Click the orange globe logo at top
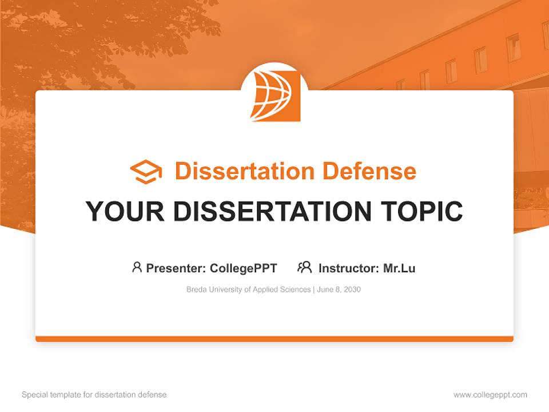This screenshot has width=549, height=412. click(x=275, y=95)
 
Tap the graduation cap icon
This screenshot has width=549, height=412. click(x=146, y=172)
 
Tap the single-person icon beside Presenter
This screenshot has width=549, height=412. click(x=137, y=267)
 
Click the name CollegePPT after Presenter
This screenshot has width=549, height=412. click(x=243, y=268)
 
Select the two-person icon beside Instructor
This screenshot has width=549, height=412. click(x=305, y=267)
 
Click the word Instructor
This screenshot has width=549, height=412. click(x=348, y=268)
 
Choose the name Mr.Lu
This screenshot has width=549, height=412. click(x=399, y=268)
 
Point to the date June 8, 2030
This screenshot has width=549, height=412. click(x=339, y=290)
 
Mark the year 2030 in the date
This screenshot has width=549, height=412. click(x=352, y=290)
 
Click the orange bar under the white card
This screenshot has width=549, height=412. click(x=274, y=339)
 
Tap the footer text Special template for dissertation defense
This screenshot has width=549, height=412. click(x=94, y=395)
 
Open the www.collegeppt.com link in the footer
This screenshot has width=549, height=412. click(x=490, y=395)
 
